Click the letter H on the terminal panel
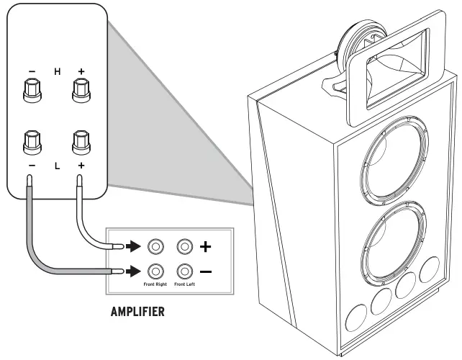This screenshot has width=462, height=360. pos(58,71)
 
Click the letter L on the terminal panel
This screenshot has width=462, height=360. pos(57,166)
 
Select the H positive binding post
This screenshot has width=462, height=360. pos(81,91)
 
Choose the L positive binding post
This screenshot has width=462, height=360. pos(81,142)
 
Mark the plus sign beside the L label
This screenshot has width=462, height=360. pos(81,166)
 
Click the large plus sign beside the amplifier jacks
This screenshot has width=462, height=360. pos(206,247)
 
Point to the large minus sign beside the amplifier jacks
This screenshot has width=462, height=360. pos(206,272)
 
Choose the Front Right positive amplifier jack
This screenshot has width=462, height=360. pos(155,247)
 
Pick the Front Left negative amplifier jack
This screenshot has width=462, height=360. pos(186,271)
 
